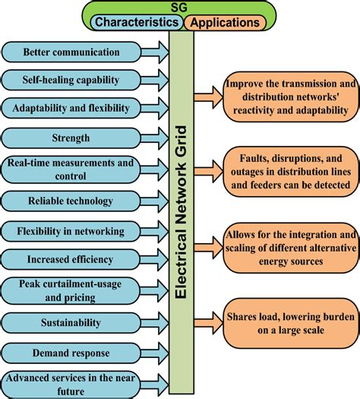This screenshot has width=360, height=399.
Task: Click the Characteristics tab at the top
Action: [137, 22]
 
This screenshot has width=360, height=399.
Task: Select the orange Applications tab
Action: [225, 22]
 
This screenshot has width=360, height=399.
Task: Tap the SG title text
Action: [178, 8]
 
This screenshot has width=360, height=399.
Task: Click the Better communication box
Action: [71, 52]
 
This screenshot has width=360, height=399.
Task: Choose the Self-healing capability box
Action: [71, 80]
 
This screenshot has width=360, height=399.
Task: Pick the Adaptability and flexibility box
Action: [71, 108]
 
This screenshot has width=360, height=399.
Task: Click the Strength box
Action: [71, 138]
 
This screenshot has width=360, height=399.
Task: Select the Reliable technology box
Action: [71, 201]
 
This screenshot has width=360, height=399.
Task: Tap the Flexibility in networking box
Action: [71, 231]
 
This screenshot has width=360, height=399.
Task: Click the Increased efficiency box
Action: [71, 259]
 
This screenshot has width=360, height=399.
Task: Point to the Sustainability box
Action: [71, 323]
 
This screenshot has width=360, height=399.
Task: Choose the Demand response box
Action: [71, 353]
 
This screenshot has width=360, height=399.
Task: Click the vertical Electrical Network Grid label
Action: [182, 212]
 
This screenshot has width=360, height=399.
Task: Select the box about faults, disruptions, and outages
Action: [291, 172]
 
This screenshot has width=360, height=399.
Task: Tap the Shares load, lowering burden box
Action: [291, 323]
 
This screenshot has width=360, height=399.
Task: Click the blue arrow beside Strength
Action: [155, 138]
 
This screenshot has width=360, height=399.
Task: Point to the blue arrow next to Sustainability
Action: [155, 323]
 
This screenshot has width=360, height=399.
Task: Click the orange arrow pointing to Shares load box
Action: [208, 323]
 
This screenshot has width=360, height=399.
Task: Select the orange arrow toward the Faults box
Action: [208, 172]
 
